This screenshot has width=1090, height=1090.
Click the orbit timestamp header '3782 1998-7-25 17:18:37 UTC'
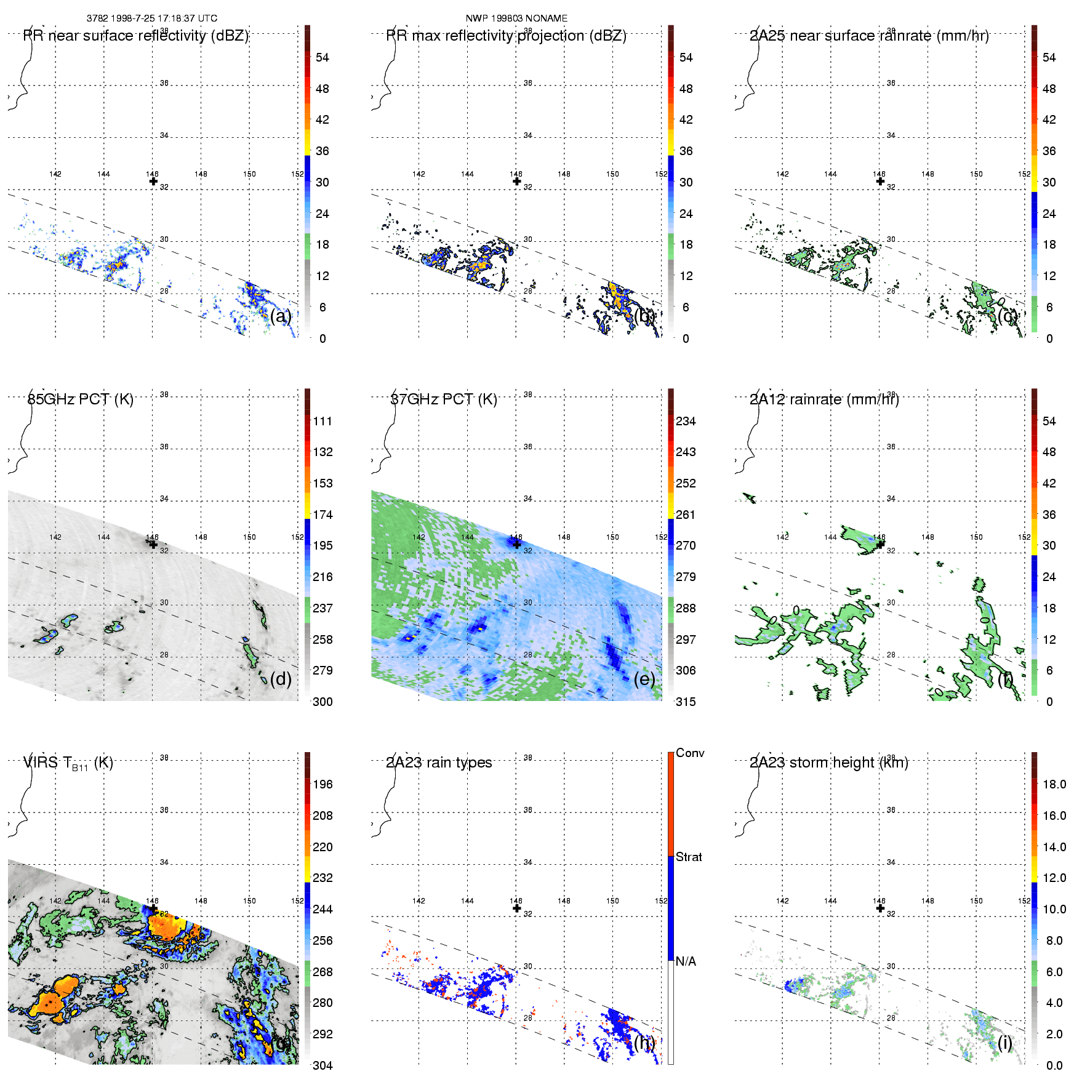pyautogui.click(x=151, y=18)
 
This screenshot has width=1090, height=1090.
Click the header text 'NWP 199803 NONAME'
pyautogui.click(x=516, y=18)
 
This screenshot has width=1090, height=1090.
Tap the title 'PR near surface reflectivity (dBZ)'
pyautogui.click(x=136, y=36)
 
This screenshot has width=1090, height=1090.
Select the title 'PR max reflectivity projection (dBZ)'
pyautogui.click(x=506, y=36)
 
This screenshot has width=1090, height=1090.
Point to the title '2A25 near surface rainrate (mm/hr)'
pyautogui.click(x=869, y=36)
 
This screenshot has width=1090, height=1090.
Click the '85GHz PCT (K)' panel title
pyautogui.click(x=80, y=399)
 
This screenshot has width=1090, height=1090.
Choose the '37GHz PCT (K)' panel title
pyautogui.click(x=444, y=399)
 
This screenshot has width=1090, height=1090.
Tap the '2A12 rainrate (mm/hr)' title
pyautogui.click(x=824, y=399)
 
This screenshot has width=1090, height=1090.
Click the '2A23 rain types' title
pyautogui.click(x=439, y=763)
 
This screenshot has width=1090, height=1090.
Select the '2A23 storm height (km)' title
pyautogui.click(x=828, y=763)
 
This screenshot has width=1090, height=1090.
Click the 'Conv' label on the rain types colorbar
pyautogui.click(x=690, y=753)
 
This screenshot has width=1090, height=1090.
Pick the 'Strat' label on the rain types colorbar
pyautogui.click(x=689, y=857)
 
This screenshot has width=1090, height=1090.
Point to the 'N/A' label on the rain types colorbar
pyautogui.click(x=686, y=961)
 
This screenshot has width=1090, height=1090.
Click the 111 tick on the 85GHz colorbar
pyautogui.click(x=323, y=421)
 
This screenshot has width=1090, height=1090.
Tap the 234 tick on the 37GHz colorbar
pyautogui.click(x=686, y=421)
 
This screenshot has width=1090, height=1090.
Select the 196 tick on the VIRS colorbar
pyautogui.click(x=323, y=784)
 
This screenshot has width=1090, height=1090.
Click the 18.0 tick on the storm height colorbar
pyautogui.click(x=1054, y=784)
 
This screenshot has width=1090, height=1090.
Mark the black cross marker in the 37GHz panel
pyautogui.click(x=517, y=544)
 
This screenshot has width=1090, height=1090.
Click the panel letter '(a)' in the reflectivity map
pyautogui.click(x=281, y=316)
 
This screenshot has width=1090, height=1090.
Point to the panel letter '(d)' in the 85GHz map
pyautogui.click(x=281, y=679)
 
